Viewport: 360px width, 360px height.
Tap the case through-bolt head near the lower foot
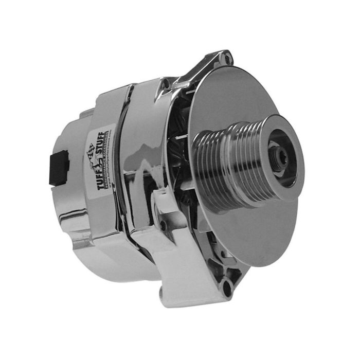[x=164, y=225]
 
